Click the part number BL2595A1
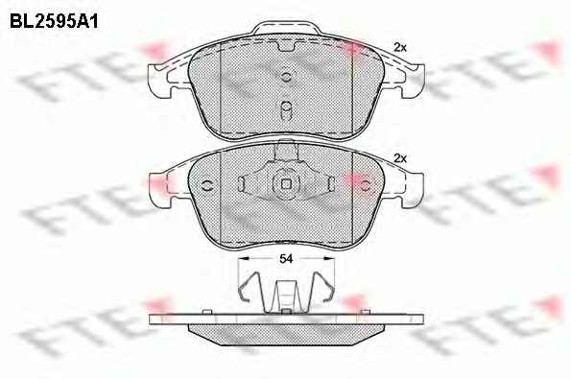tap(54, 22)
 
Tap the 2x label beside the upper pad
tap(400, 47)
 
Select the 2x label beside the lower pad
tap(400, 158)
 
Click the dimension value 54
tap(286, 258)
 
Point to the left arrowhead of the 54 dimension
tap(243, 258)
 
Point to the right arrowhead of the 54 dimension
tap(329, 258)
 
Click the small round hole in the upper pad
tap(286, 77)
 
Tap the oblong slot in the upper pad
tap(286, 109)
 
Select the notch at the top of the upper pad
tap(286, 46)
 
